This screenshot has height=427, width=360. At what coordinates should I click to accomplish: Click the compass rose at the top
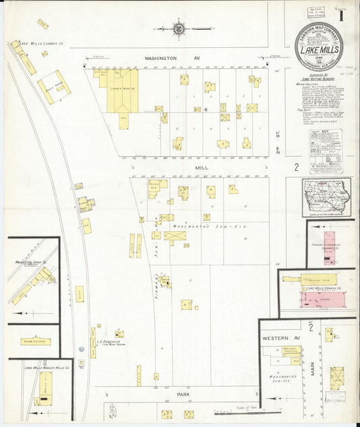(179, 28)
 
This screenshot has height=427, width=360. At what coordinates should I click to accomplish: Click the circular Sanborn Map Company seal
(318, 46)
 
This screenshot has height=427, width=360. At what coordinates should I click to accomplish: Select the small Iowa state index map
(327, 196)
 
